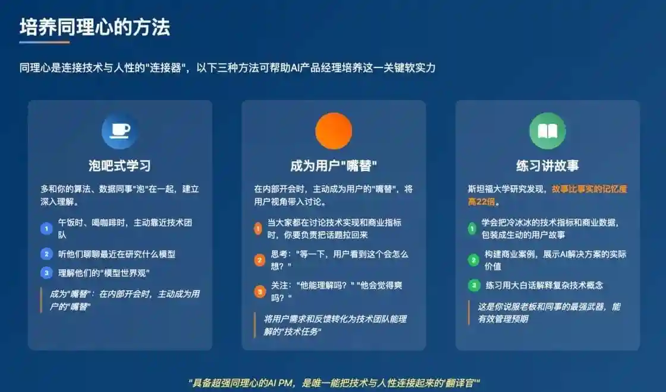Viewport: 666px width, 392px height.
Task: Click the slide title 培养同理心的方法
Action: click(95, 27)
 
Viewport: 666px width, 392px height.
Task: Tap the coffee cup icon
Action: click(120, 131)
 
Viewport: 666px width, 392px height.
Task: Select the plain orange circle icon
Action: click(334, 131)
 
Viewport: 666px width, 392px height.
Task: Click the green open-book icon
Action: click(547, 131)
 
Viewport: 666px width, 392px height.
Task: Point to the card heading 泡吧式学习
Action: click(120, 165)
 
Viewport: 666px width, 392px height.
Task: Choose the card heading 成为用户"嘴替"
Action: click(334, 165)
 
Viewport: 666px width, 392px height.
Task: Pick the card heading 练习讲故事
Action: click(547, 165)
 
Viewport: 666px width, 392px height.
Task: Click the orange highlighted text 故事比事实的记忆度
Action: click(589, 189)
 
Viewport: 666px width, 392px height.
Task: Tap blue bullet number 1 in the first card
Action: click(46, 228)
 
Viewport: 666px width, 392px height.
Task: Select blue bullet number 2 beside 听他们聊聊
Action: click(46, 254)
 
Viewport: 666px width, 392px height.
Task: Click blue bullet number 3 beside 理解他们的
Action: click(46, 273)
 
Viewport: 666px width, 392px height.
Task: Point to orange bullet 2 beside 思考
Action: click(259, 260)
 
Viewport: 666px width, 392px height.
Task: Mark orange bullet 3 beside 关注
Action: click(259, 291)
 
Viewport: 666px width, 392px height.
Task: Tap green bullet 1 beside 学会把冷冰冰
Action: click(473, 228)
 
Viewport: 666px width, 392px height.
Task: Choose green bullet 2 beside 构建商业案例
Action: click(473, 260)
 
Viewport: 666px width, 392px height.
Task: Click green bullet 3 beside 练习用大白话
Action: click(473, 285)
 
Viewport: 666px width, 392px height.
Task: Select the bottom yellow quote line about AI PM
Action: click(334, 382)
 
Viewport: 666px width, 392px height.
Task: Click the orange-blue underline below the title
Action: click(44, 42)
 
